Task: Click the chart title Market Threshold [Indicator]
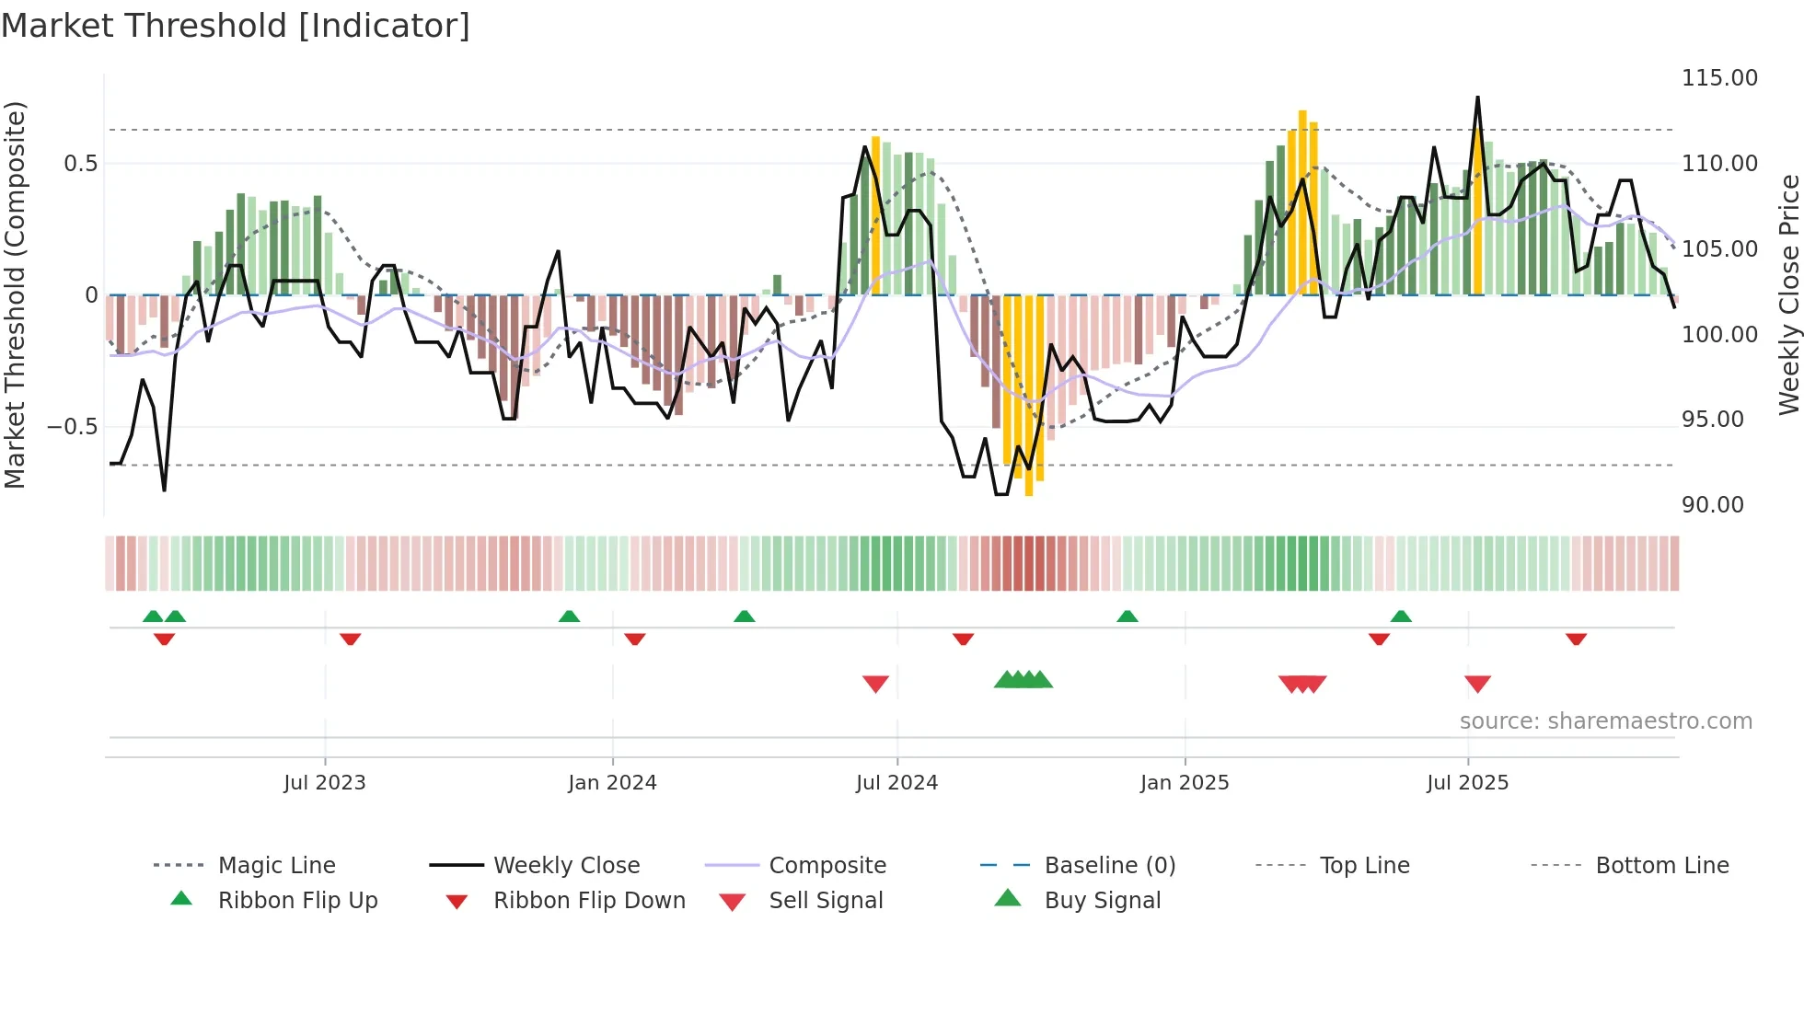point(236,26)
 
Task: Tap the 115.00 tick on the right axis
point(1719,78)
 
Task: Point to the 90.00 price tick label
point(1712,505)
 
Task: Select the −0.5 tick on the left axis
point(72,427)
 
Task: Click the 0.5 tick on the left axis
point(80,164)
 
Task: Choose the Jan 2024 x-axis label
point(612,783)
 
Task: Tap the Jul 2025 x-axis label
point(1467,783)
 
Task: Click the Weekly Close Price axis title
point(1788,294)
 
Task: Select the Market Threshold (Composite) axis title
point(15,294)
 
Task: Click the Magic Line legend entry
point(276,866)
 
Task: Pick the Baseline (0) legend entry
point(1109,866)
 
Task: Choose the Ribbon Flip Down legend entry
point(589,901)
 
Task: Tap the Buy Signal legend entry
point(1102,901)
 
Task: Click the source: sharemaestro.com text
point(1605,721)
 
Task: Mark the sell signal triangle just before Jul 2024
point(875,684)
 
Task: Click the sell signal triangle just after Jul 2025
point(1477,684)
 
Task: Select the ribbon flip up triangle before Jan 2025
point(1127,616)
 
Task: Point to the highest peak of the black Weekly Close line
point(1477,98)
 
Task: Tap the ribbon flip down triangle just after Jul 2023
point(350,639)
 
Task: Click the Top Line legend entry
point(1364,866)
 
